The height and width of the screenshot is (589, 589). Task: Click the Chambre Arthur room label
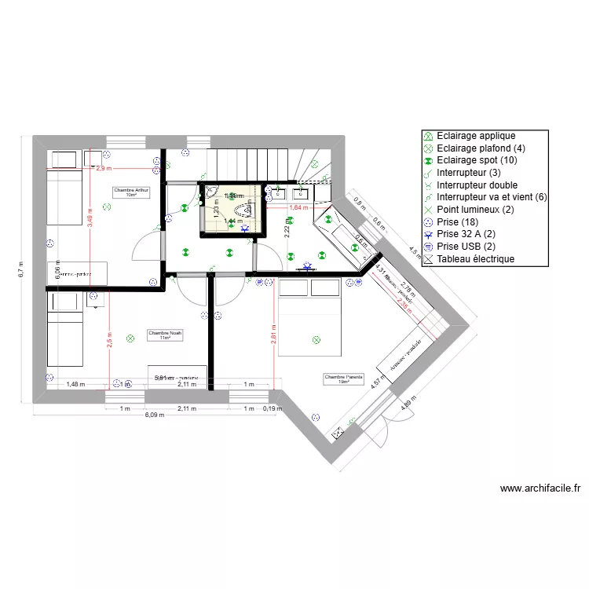coord(131,192)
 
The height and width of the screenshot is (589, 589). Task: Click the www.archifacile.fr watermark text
coord(540,488)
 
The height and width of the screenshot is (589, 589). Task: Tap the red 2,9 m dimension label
coord(104,168)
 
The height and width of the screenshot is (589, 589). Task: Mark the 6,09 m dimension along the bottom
coord(154,415)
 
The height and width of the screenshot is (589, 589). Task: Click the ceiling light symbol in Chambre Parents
coord(316,340)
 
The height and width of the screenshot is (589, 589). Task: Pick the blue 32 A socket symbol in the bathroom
coord(244,229)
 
